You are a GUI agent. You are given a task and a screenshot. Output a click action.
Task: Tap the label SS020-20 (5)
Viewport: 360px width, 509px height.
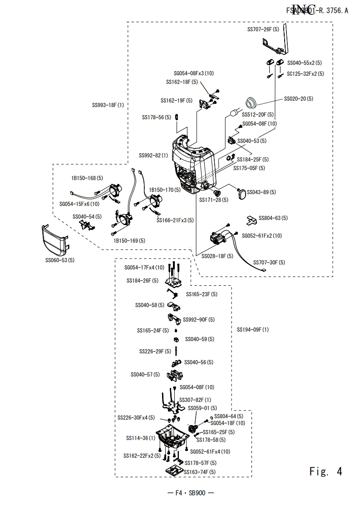(298, 98)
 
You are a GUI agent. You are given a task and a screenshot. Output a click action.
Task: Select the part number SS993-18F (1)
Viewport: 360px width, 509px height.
(108, 105)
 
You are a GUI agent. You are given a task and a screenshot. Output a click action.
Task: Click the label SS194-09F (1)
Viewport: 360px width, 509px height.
(252, 329)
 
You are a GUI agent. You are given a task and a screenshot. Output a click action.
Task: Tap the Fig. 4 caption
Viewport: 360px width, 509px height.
(325, 471)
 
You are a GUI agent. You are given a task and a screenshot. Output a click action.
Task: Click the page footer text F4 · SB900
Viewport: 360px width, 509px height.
(191, 494)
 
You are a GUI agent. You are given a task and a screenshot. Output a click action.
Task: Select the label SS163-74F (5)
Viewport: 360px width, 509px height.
(199, 472)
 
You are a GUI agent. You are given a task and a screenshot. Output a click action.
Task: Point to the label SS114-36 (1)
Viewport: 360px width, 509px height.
(140, 438)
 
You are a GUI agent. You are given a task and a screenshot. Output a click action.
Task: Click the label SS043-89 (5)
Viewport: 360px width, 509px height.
(260, 192)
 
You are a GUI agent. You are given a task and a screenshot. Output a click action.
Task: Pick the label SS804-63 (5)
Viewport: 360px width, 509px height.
(273, 218)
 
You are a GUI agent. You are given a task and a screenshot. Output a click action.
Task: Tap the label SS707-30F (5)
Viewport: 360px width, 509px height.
(269, 262)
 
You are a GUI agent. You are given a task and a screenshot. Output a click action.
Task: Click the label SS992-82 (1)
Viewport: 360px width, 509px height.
(153, 156)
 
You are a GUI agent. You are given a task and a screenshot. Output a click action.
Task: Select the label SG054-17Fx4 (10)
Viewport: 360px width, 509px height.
(144, 268)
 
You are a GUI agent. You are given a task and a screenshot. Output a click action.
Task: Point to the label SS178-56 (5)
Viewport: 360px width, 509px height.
(157, 117)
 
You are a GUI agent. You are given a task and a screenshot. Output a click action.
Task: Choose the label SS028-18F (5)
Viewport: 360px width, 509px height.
(217, 256)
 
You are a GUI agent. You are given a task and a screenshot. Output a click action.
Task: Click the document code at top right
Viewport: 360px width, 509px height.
(317, 11)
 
